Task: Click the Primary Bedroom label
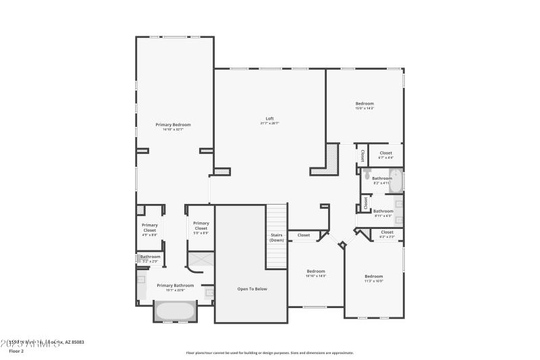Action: [173, 125]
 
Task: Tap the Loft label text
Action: [269, 119]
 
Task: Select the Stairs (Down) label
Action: [277, 238]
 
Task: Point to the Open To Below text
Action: [252, 289]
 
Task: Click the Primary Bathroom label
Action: [175, 285]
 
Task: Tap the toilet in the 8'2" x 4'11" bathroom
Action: [367, 177]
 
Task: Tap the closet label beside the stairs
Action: [304, 235]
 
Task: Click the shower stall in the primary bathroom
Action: [200, 261]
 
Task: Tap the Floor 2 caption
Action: [16, 351]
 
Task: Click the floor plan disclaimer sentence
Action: [270, 353]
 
